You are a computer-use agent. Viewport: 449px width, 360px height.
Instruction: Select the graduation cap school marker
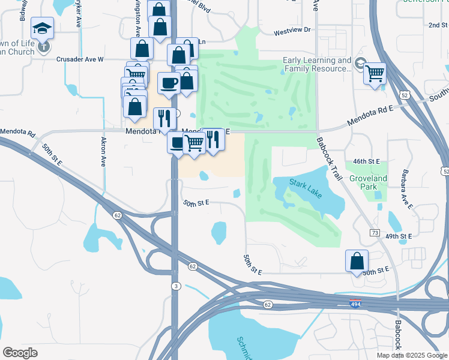(43, 28)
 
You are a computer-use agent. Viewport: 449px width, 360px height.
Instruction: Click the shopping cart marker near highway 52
(375, 74)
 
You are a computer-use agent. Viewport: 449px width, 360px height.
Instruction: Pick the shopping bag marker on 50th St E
(357, 261)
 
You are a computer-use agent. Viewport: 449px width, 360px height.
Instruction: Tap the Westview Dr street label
(292, 30)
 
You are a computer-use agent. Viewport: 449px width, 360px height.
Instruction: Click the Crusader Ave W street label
(80, 59)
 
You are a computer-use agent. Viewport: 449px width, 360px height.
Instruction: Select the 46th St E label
(367, 162)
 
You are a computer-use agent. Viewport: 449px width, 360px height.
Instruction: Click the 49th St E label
(399, 236)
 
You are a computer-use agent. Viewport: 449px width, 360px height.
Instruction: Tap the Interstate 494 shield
(356, 304)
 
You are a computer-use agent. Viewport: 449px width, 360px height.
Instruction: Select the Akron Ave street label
(103, 152)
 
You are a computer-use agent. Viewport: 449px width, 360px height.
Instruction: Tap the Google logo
(20, 352)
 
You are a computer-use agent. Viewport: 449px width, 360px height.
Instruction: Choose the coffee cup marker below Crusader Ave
(169, 83)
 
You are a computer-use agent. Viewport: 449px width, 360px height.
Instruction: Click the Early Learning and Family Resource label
(317, 65)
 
